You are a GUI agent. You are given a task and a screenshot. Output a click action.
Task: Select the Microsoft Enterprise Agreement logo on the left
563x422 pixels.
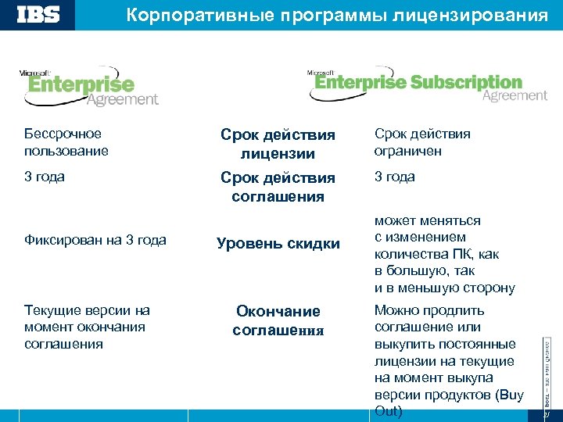tap(89, 88)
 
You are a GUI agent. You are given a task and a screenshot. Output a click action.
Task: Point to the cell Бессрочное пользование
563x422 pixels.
tap(66, 141)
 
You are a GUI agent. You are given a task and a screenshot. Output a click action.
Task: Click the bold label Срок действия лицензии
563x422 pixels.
tap(278, 144)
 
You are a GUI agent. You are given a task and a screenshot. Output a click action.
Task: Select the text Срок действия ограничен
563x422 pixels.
tap(422, 141)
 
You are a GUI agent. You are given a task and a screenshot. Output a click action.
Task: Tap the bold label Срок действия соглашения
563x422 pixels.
tap(278, 187)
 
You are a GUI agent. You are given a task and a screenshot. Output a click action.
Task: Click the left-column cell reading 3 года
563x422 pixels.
tap(45, 177)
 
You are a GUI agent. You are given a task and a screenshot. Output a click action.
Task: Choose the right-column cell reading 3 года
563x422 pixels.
tap(395, 177)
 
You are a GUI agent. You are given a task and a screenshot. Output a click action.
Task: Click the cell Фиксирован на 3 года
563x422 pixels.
tap(95, 240)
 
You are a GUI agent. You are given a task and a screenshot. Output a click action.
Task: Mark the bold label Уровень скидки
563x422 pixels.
tap(278, 244)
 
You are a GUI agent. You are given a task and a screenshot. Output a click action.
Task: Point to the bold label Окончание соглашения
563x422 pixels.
tap(278, 320)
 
